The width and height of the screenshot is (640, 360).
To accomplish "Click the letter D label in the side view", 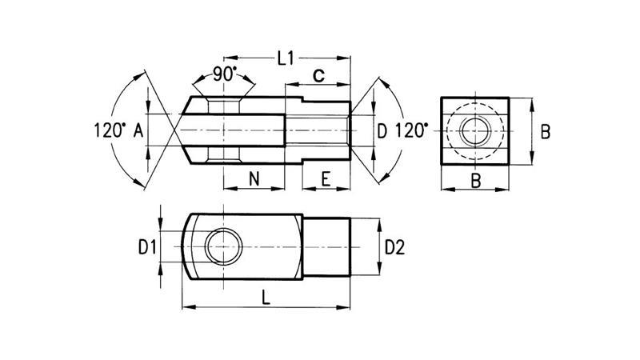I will (x=382, y=130).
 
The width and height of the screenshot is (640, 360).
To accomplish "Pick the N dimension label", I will (x=254, y=179).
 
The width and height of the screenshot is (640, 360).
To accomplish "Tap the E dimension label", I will (x=326, y=179).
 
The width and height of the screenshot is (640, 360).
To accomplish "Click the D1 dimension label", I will (x=145, y=248).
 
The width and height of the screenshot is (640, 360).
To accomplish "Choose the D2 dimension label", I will (x=394, y=248).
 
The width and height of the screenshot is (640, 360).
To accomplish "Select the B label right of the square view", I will (x=546, y=132).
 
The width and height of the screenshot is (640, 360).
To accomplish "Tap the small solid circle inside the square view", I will (x=475, y=130).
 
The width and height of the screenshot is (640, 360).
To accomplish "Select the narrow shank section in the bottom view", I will (x=326, y=248).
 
